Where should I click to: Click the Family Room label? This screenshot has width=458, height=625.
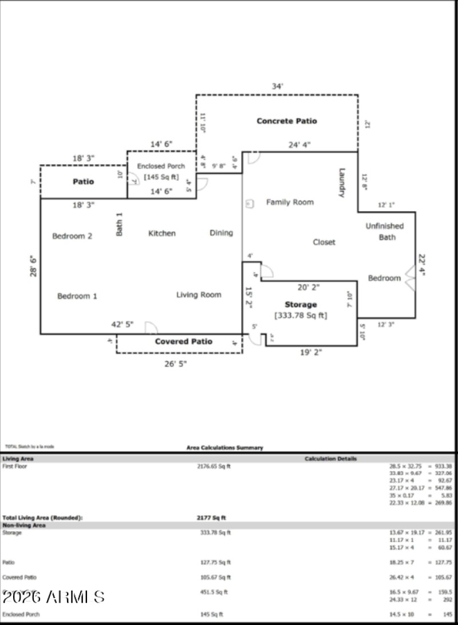click(290, 202)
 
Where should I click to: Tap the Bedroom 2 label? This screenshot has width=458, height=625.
click(72, 236)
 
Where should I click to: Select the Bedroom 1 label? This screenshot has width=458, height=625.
click(77, 296)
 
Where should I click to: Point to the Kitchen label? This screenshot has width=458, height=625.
click(162, 233)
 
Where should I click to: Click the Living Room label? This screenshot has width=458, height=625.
click(199, 295)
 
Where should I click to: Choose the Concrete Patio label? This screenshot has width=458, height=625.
click(286, 121)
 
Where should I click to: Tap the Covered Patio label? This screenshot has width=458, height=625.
click(183, 342)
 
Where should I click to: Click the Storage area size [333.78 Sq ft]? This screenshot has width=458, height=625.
click(301, 315)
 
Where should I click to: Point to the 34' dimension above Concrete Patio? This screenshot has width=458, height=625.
click(277, 86)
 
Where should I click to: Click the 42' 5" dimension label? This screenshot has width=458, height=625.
click(122, 325)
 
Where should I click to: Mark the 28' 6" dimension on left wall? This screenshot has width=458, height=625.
click(33, 266)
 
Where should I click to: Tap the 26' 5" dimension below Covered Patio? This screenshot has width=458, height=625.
click(175, 363)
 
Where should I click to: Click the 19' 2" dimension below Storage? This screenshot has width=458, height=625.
click(311, 353)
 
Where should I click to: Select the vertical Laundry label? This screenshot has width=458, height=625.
click(342, 182)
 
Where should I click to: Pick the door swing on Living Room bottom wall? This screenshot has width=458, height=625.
click(151, 328)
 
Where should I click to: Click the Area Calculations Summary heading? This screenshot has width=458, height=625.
click(225, 448)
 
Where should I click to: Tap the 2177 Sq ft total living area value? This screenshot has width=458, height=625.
click(211, 518)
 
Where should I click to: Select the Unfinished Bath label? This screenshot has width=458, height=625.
click(385, 232)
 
